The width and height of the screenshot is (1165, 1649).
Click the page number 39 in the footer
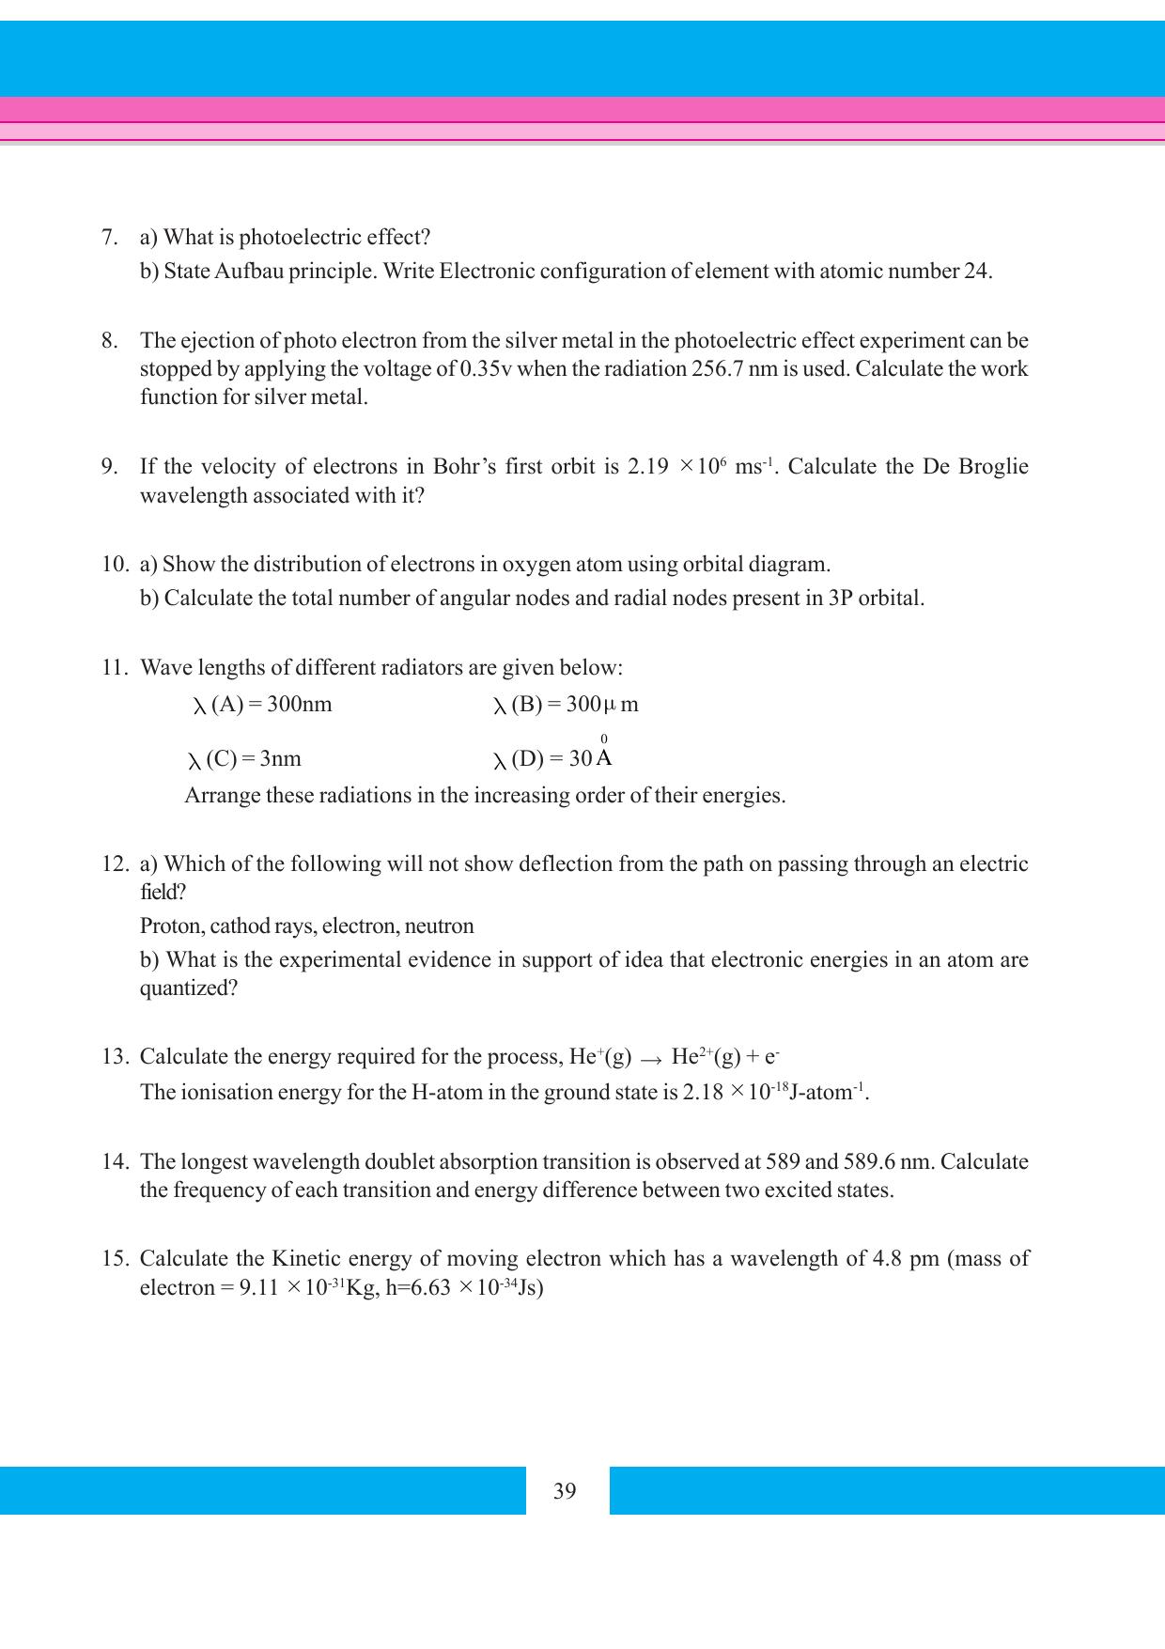coord(565,1491)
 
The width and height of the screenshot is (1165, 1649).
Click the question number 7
coord(109,237)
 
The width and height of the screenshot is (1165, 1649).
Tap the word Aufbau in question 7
coord(249,272)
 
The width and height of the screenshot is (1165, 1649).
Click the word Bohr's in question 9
coord(465,467)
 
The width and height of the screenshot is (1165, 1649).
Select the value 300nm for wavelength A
coord(299,705)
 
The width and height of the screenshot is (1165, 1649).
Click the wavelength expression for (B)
coord(566,705)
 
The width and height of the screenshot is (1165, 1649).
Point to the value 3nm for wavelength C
coord(280,759)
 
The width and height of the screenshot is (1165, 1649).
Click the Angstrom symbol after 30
coord(604,756)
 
